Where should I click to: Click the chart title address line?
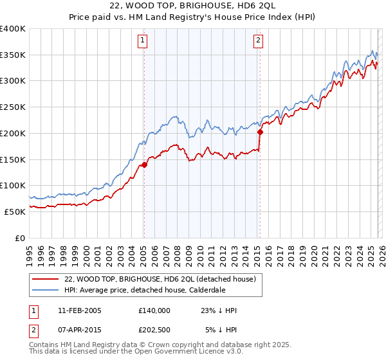pyautogui.click(x=192, y=7)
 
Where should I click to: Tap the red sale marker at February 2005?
pyautogui.click(x=144, y=165)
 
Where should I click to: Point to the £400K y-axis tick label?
pyautogui.click(x=13, y=29)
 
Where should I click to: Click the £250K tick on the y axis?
pyautogui.click(x=13, y=107)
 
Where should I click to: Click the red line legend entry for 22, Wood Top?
pyautogui.click(x=160, y=279)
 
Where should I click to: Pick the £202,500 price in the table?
pyautogui.click(x=154, y=330)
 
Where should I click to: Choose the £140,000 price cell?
pyautogui.click(x=154, y=310)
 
